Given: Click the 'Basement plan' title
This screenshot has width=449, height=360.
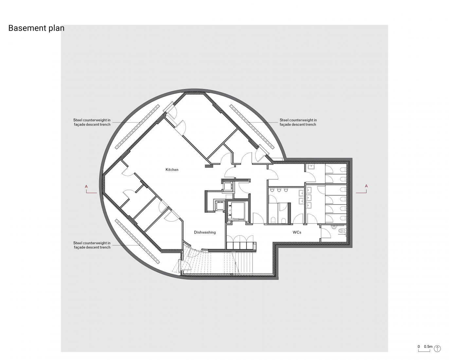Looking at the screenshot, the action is [36, 28].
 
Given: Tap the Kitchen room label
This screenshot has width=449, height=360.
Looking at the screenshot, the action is [172, 170].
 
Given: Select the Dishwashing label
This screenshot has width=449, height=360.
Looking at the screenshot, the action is [205, 232].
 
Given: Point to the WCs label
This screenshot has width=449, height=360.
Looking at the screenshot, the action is [297, 232].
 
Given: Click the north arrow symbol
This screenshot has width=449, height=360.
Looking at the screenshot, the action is [437, 348].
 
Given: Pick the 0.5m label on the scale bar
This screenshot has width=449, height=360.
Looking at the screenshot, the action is [428, 347].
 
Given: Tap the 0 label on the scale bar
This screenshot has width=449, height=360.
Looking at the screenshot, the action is [419, 347].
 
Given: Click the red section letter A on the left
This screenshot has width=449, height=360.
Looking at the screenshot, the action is [86, 186].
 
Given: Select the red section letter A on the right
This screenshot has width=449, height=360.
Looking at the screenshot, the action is [366, 186].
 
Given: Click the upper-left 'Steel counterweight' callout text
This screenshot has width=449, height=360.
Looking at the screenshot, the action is [92, 122].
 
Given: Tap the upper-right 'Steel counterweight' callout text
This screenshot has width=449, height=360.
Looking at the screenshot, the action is [298, 122].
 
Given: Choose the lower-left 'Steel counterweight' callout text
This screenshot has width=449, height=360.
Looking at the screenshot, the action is [92, 245].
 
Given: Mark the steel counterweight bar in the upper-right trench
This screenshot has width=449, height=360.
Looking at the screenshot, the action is [252, 126].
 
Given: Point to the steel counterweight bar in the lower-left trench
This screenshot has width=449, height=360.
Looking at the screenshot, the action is [137, 241].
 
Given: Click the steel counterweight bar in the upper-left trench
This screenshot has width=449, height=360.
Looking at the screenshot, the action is [138, 127].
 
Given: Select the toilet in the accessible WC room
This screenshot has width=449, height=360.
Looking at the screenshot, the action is [342, 231].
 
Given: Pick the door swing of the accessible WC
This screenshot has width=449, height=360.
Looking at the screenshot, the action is [326, 233].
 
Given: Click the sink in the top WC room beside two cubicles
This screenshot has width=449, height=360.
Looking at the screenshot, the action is [311, 167].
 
